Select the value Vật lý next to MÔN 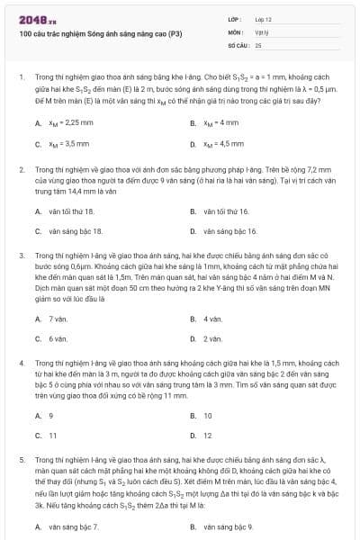(x=262, y=31)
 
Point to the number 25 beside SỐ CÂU (x=258, y=43)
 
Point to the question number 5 (x=21, y=459)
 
